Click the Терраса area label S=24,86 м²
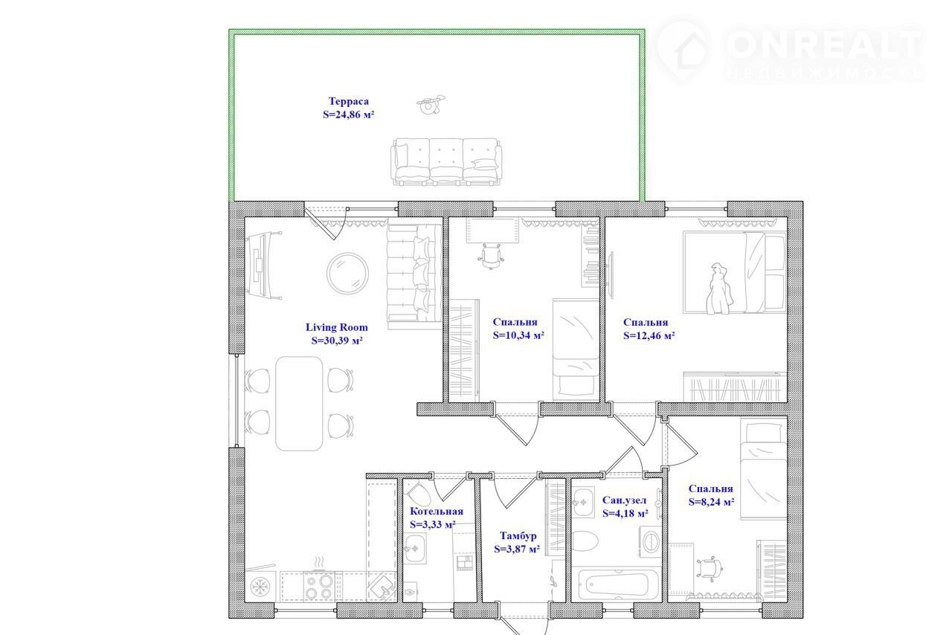tap(349, 115)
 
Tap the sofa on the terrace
tap(446, 162)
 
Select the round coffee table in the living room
tap(347, 274)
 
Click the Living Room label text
tap(337, 327)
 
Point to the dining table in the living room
tap(299, 403)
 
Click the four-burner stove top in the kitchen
tap(319, 586)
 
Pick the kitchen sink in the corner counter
tap(382, 587)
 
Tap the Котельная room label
tap(437, 512)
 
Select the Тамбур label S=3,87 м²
tap(517, 549)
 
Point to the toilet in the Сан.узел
tap(585, 541)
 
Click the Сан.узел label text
tap(624, 500)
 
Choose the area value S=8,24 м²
tap(712, 502)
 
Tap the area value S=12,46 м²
tap(649, 335)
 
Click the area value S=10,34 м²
tap(519, 335)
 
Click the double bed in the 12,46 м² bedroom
tap(734, 272)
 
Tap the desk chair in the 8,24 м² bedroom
tap(710, 568)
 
